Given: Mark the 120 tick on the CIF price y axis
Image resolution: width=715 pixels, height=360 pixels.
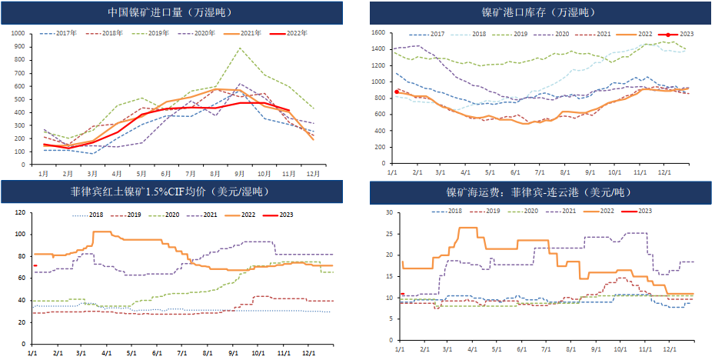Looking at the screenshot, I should [22, 212].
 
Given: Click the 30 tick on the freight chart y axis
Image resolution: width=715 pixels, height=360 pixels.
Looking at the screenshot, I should [389, 212].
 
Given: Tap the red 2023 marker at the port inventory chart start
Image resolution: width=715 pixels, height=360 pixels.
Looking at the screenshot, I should [397, 92].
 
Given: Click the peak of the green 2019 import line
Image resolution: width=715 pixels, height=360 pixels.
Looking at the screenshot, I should [240, 48].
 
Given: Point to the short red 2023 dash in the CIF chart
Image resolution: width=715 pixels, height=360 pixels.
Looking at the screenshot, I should [35, 265].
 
